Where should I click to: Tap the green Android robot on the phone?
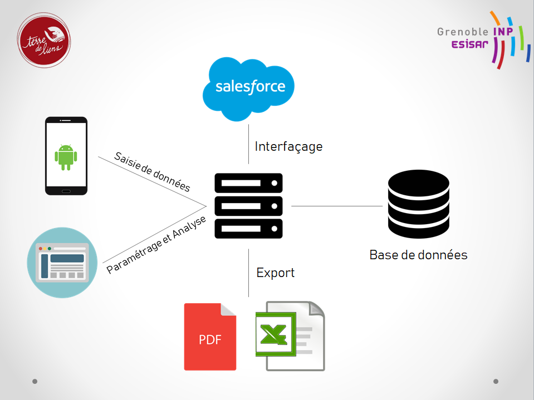pos(66,157)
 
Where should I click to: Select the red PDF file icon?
pos(210,337)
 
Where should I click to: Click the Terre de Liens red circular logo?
pos(44,41)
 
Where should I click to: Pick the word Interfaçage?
pos(288,147)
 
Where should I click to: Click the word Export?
pos(275,273)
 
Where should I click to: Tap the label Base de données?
pos(418,255)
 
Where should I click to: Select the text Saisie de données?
pos(152,172)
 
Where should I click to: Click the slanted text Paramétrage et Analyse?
pos(156,244)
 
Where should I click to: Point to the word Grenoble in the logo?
pos(462,32)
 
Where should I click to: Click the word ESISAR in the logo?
pos(471,45)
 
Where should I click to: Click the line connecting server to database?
pos(337,206)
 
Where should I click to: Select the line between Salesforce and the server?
pos(248,144)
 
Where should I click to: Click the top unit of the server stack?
pos(248,182)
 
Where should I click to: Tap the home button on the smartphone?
pos(66,191)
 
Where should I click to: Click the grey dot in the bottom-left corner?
pos(35,382)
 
